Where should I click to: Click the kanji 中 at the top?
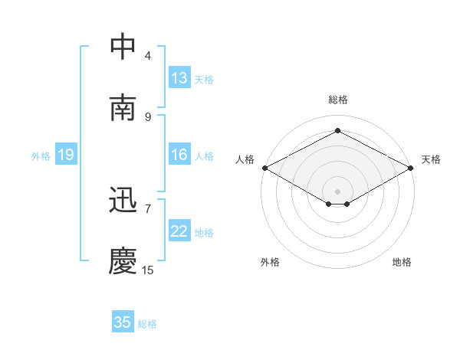(123, 47)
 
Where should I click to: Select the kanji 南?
(123, 108)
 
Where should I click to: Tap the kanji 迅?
(123, 201)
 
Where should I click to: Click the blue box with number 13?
(179, 78)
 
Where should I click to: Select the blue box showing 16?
(179, 155)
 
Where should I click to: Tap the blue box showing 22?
(179, 232)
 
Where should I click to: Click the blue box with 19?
(65, 155)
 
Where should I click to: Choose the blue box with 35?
(123, 322)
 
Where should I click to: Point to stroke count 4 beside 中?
(148, 56)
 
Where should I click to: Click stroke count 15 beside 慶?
(147, 270)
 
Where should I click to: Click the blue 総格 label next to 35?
(147, 324)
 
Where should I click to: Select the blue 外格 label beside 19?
(41, 156)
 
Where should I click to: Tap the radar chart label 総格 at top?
(338, 100)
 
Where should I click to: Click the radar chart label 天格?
(431, 159)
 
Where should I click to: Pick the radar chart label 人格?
(245, 159)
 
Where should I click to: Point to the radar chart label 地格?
(402, 262)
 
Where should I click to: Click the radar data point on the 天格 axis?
(412, 168)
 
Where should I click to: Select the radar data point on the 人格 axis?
(264, 168)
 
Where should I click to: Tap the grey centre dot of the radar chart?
(338, 191)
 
